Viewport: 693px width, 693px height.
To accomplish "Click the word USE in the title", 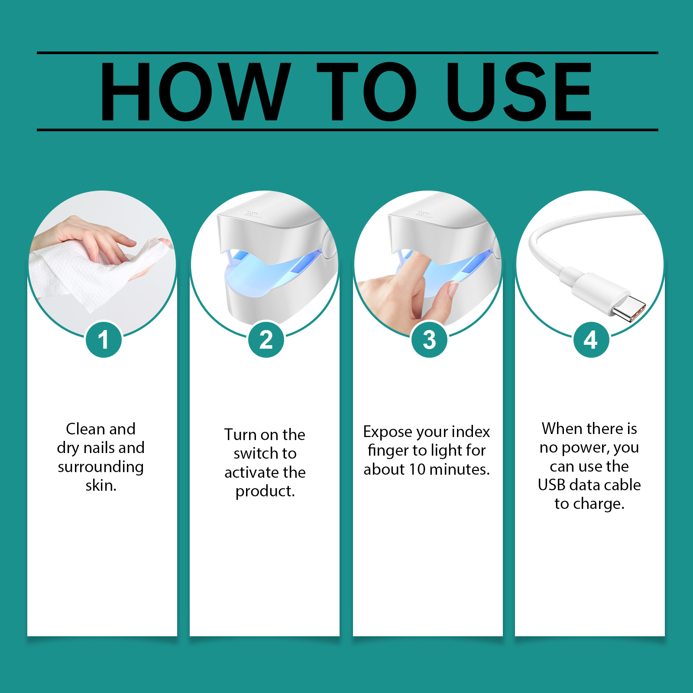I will [518, 92].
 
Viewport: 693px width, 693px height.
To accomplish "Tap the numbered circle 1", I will [103, 340].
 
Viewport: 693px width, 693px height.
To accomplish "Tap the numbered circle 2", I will [266, 340].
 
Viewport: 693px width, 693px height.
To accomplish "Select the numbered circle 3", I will [429, 340].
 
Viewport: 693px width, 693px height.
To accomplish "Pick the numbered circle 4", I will [591, 340].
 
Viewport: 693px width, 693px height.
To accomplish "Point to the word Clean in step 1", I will [85, 429].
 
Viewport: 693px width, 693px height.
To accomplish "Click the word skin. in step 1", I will [101, 486].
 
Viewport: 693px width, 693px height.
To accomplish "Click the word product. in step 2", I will [265, 491].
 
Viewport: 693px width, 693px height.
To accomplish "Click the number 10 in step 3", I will [418, 469].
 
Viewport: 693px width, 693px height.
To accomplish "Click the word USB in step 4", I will [551, 485].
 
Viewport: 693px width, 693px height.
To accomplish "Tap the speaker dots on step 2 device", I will [250, 213].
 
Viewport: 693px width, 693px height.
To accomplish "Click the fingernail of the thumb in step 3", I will [453, 289].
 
